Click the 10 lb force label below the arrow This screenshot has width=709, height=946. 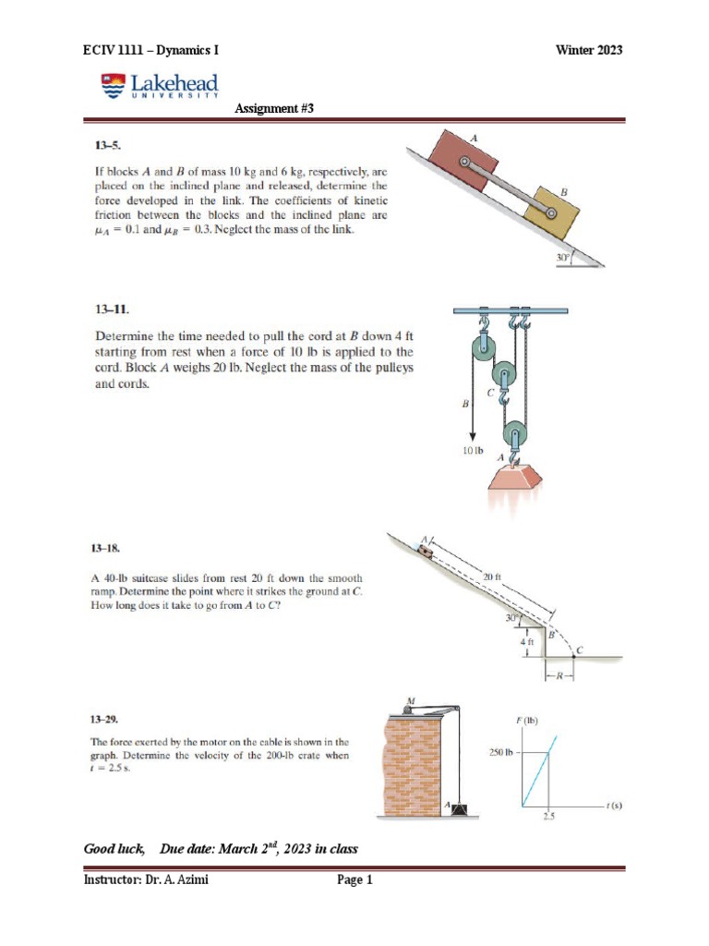click(x=473, y=452)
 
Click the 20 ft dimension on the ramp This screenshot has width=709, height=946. click(x=491, y=576)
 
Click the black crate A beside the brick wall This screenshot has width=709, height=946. click(x=458, y=810)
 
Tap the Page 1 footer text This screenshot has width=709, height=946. click(x=354, y=880)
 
